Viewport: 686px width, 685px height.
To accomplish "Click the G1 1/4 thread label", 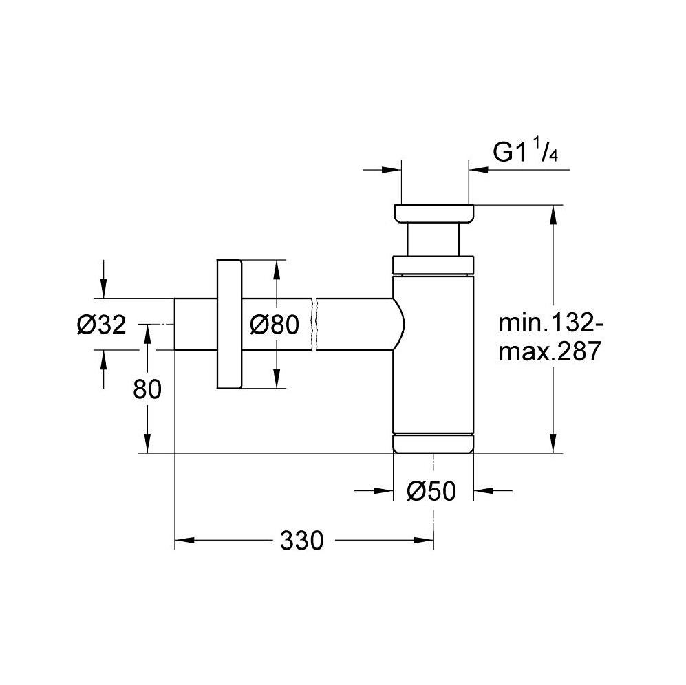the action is tap(526, 151).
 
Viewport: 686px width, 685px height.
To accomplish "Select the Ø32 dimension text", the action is tap(102, 325).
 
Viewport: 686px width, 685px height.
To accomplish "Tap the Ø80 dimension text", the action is tap(275, 325).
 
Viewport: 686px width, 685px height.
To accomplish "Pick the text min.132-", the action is tap(551, 323).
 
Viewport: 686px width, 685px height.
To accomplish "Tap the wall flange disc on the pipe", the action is tap(229, 324).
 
